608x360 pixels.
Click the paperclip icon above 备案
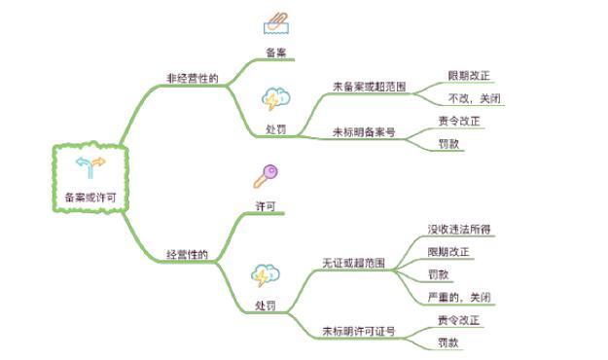point(277,23)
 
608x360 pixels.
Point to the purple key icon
point(265,176)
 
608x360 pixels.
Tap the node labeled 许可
point(265,206)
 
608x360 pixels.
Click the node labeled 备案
point(276,52)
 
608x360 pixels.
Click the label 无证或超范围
point(353,264)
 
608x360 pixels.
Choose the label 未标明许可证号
point(359,331)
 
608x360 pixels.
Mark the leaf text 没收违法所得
point(458,230)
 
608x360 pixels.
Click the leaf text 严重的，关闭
point(458,297)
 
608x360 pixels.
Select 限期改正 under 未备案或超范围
point(469,75)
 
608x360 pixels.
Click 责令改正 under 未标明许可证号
point(458,320)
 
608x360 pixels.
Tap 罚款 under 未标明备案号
point(448,144)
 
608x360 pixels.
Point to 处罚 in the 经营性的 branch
point(266,306)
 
